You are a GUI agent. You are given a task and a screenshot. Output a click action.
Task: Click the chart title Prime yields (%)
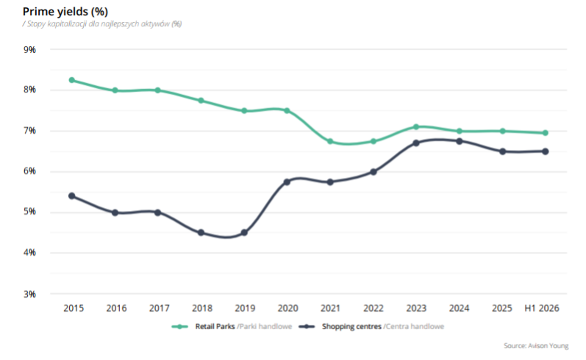point(65,12)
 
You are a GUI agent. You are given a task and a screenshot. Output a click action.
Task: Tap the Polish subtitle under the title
point(102,24)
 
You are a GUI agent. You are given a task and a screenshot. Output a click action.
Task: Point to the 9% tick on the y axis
point(30,50)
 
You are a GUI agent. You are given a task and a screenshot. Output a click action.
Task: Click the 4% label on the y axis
point(30,253)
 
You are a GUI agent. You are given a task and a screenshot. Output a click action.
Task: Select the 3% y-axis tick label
point(30,295)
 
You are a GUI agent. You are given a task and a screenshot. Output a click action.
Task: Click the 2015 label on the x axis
point(74,309)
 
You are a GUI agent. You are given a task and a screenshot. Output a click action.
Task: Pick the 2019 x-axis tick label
point(245,309)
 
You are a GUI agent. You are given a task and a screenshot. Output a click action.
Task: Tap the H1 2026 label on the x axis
point(542,309)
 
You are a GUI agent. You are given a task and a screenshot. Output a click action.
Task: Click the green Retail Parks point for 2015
point(72,80)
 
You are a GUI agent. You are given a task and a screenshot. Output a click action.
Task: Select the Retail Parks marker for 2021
point(330,142)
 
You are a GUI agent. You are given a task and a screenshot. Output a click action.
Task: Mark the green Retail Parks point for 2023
point(416,127)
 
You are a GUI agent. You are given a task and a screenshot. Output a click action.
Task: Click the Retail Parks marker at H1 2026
point(546,133)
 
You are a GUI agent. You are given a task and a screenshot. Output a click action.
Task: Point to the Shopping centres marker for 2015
point(72,196)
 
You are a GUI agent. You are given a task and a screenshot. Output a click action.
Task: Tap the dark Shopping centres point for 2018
point(201,233)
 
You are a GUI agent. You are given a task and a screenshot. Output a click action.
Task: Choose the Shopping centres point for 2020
point(287,182)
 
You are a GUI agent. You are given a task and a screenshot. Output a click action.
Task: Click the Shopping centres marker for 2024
point(460,141)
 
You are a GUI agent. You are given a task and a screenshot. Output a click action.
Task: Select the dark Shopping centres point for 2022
point(374,172)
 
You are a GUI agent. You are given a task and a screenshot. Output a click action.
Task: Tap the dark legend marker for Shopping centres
point(307,327)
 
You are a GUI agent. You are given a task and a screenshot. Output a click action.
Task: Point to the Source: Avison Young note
point(536,346)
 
